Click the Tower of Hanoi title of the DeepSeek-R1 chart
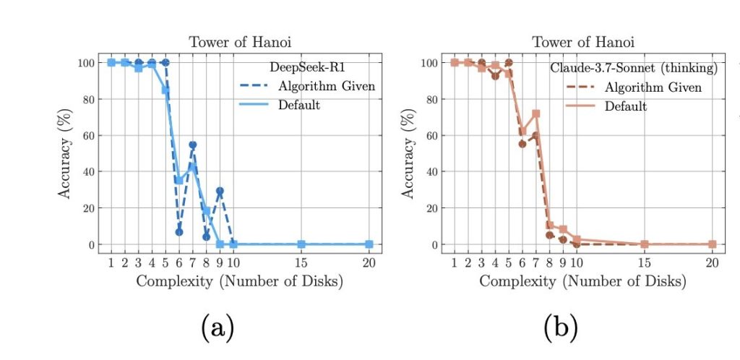click(x=240, y=42)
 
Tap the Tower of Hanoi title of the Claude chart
click(x=583, y=42)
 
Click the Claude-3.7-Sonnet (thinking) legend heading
click(x=634, y=68)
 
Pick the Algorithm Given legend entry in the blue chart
click(x=326, y=86)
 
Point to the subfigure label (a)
click(x=218, y=327)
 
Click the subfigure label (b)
click(x=561, y=327)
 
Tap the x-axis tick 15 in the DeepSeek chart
click(x=301, y=263)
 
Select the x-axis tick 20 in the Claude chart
click(x=713, y=263)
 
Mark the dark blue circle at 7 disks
click(x=192, y=145)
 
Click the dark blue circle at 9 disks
click(x=220, y=191)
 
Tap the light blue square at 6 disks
click(x=179, y=181)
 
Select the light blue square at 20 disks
click(x=369, y=244)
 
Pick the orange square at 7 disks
click(x=535, y=113)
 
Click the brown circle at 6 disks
click(x=522, y=144)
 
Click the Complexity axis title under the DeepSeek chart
click(x=240, y=282)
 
